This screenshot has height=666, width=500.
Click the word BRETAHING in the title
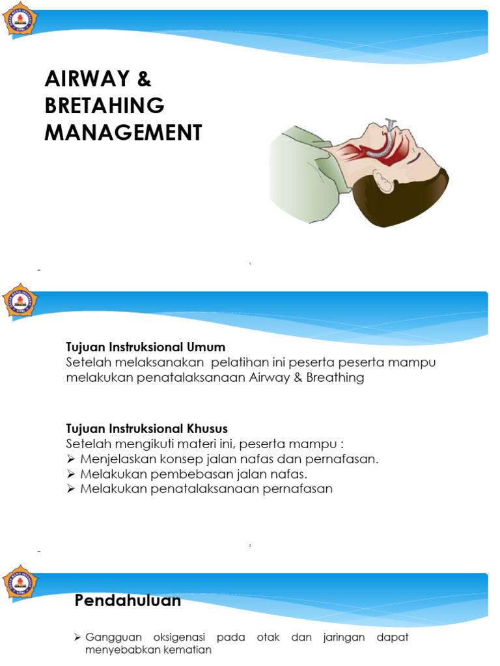click(x=104, y=106)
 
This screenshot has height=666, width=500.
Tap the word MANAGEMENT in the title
click(x=123, y=133)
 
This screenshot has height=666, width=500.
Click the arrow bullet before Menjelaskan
click(x=71, y=459)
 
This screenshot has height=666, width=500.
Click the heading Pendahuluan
click(x=128, y=601)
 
